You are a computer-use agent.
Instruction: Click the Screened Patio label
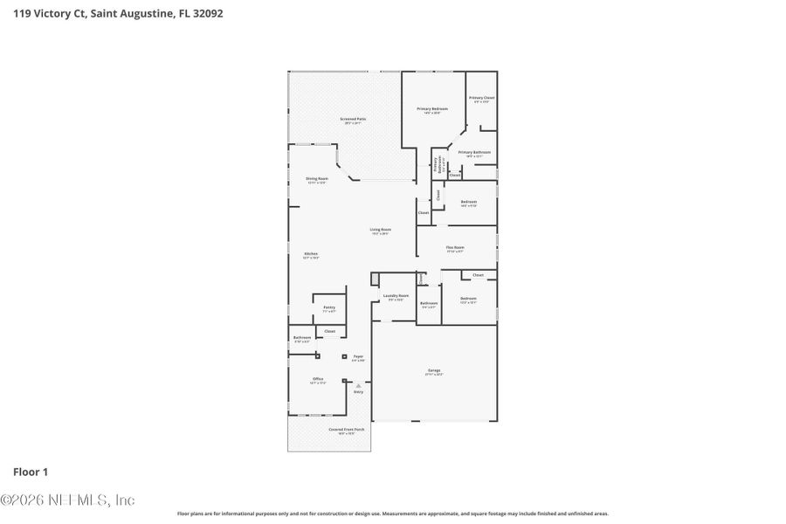pos(353,120)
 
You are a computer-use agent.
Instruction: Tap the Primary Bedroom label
pos(432,110)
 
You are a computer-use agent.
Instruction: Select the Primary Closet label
pos(482,99)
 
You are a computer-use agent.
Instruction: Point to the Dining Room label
pos(316,180)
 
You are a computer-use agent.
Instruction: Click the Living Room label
pos(380,231)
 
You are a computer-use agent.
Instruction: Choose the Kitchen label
pos(311,255)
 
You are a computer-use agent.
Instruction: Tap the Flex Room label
pos(455,249)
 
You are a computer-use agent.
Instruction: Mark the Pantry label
pos(329,308)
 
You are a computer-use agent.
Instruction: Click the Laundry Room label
pos(394,297)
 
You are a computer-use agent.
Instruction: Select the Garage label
pos(434,372)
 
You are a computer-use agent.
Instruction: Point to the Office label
pos(318,380)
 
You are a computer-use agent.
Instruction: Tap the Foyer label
pos(358,358)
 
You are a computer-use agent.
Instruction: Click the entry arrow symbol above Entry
pos(358,383)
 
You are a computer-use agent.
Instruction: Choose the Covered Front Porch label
pos(347,431)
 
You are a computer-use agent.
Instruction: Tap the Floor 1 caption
pos(31,472)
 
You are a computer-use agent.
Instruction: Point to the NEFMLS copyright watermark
pos(67,500)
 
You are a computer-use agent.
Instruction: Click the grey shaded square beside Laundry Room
pos(375,279)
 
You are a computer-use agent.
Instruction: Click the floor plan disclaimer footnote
pos(393,514)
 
